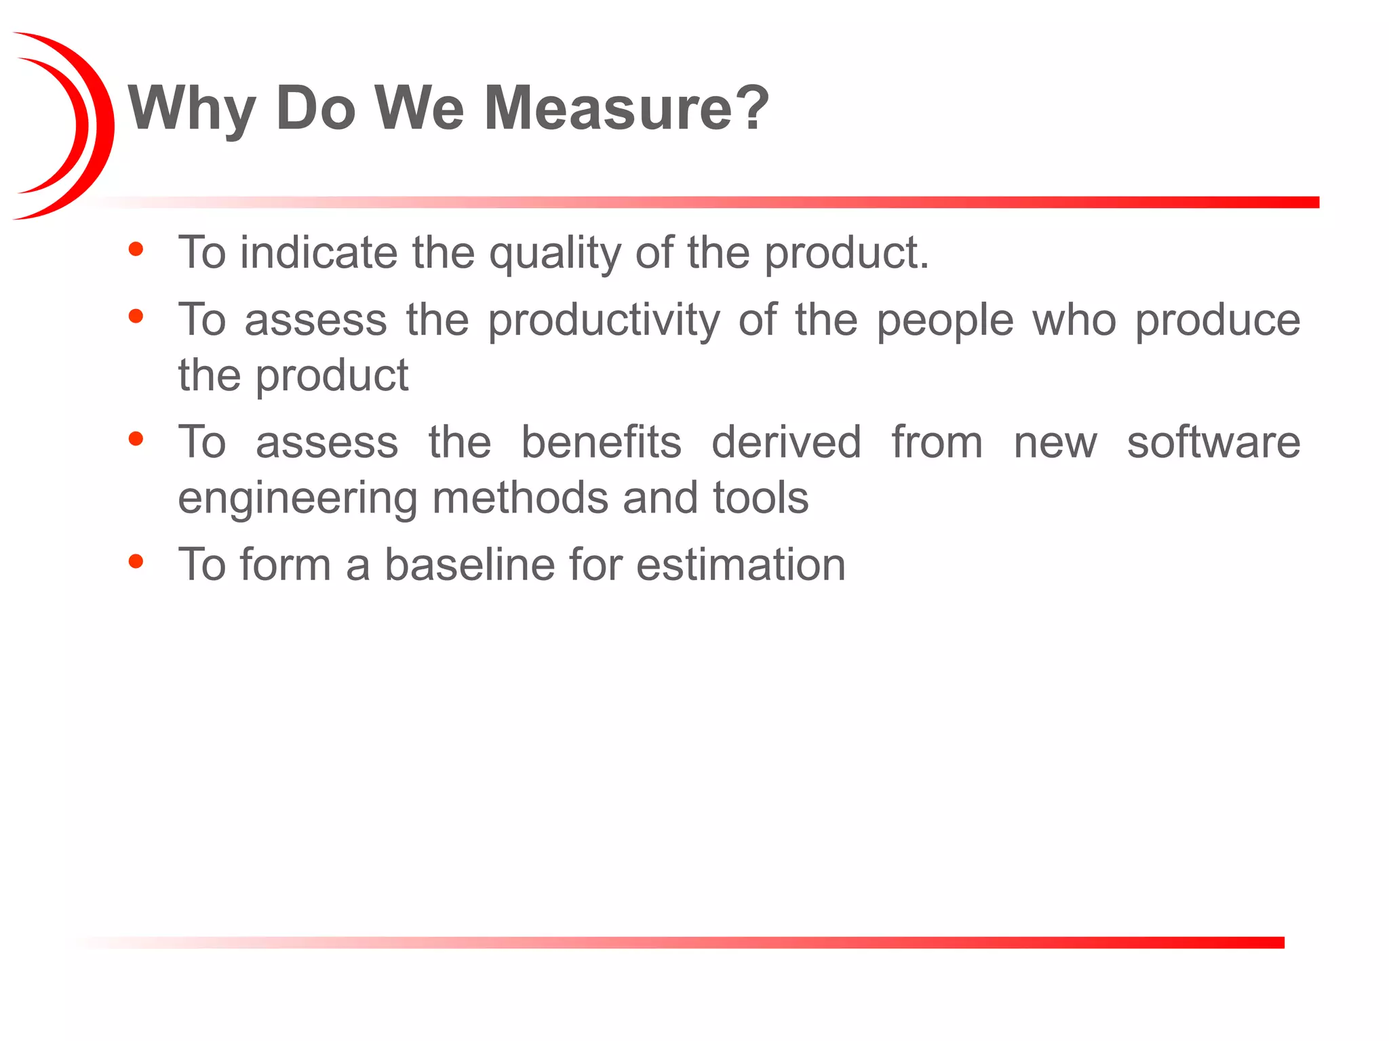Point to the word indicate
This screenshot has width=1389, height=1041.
click(x=318, y=252)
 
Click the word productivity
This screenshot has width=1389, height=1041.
click(x=604, y=321)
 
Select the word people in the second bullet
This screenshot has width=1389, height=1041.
click(x=945, y=321)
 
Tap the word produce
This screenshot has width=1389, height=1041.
click(x=1218, y=321)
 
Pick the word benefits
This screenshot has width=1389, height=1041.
click(x=601, y=443)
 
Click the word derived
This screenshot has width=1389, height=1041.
click(x=787, y=443)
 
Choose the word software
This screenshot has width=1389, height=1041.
click(x=1213, y=443)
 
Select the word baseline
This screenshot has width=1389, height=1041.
click(x=469, y=565)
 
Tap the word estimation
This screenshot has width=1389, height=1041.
click(x=741, y=565)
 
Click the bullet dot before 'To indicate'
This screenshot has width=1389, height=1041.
click(x=136, y=249)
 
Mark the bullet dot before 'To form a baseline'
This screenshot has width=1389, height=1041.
click(x=136, y=561)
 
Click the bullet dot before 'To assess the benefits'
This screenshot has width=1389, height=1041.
click(x=136, y=439)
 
